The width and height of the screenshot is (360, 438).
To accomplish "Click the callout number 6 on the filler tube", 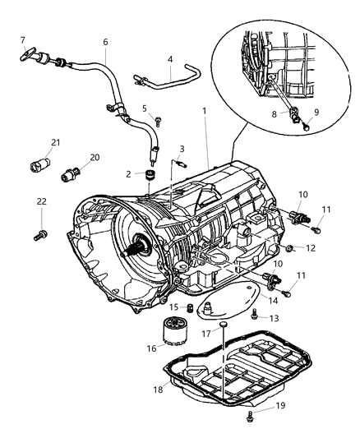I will click(105, 42).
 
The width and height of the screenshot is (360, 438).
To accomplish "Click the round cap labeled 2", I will click(150, 173).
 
